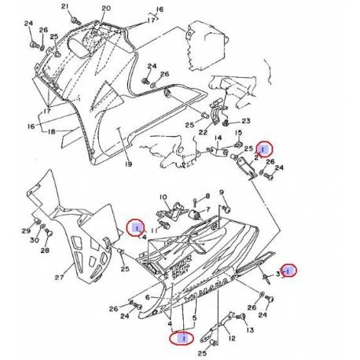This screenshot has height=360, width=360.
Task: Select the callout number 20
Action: click(106, 9)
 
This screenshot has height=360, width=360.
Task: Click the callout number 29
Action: click(26, 231)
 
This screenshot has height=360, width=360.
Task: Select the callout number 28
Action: click(45, 249)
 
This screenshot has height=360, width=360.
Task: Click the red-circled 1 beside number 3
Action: click(289, 271)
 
